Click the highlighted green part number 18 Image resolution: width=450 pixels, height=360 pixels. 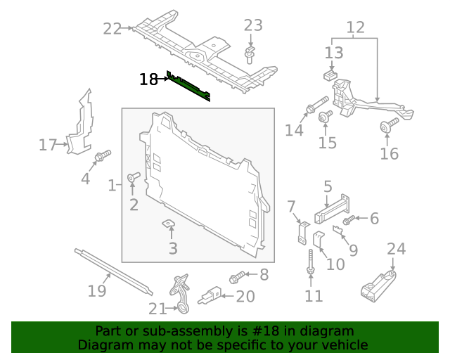pos(190,86)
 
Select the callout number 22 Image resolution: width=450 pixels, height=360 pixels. pos(112,28)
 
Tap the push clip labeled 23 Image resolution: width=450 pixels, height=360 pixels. pos(250,53)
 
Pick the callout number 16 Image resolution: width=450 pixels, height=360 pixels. pos(389,153)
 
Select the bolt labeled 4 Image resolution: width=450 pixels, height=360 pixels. pos(103,154)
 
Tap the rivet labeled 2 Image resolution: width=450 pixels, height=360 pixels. pos(134,177)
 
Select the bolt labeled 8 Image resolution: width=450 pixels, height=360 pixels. pos(237,276)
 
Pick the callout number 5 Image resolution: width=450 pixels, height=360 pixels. pos(327,187)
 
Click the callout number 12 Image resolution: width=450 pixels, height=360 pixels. pos(355,28)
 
